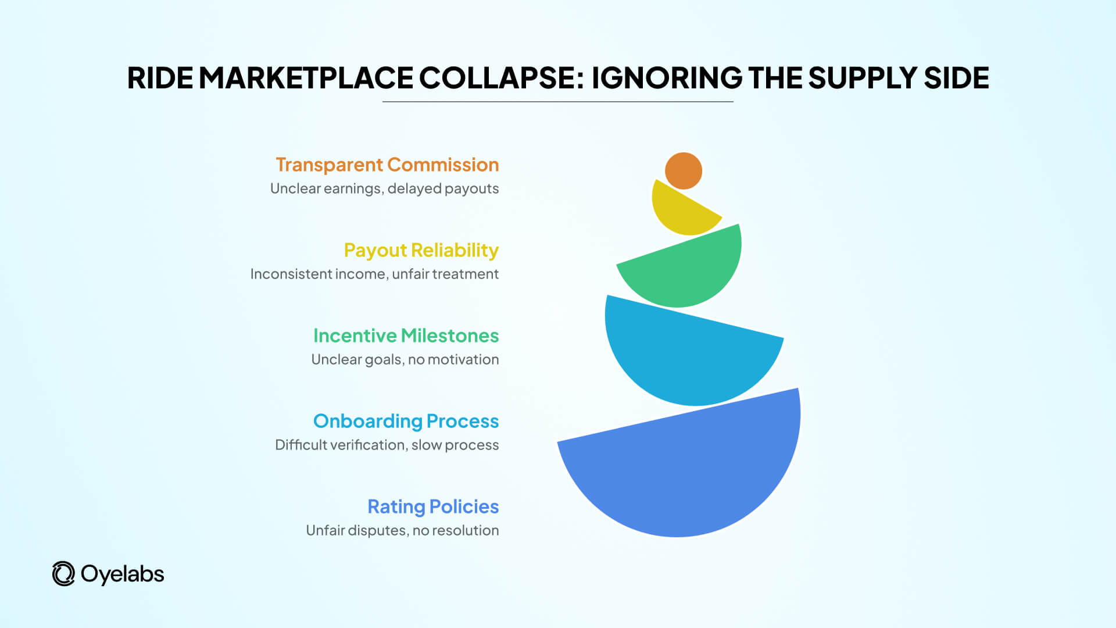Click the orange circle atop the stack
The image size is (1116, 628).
click(684, 171)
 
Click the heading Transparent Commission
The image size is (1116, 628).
click(387, 165)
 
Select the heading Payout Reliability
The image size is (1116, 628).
click(421, 250)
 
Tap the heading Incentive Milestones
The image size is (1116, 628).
click(406, 336)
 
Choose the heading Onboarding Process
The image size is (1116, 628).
click(406, 421)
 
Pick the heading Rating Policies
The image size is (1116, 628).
click(433, 506)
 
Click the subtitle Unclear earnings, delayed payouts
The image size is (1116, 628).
click(384, 188)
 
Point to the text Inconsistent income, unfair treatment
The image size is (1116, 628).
click(374, 274)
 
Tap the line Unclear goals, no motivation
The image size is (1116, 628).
click(405, 359)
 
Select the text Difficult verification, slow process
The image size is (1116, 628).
click(387, 445)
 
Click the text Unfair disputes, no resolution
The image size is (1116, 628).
click(402, 530)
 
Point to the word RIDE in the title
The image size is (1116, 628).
click(160, 78)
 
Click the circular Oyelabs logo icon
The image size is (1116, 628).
click(63, 574)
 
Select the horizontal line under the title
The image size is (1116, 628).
click(558, 102)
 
